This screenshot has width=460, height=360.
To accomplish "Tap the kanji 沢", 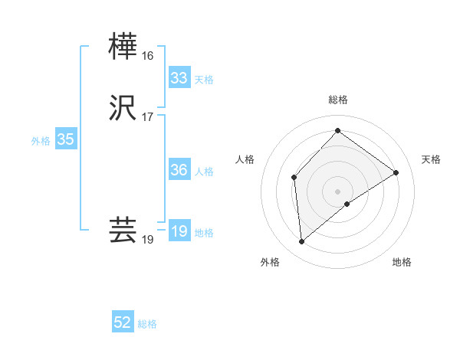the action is [123, 107].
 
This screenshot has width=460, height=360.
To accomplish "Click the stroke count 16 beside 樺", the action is [147, 56].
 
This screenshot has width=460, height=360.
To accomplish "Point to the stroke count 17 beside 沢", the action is [147, 117].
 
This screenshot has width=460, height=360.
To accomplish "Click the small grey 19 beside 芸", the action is [147, 240].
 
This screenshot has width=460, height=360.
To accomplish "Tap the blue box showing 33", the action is [179, 77].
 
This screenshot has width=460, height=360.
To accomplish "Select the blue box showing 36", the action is [179, 170].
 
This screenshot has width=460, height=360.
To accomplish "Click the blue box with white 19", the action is [179, 231].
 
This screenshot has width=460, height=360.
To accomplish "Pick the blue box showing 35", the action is [65, 139].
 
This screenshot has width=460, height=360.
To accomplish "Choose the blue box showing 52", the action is [123, 322].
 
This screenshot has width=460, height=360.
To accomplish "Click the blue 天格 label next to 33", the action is [204, 80].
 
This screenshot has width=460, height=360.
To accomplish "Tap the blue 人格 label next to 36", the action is [204, 172].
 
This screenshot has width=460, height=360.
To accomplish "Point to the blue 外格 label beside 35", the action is [41, 141].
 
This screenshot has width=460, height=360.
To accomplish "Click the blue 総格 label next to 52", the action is [147, 324].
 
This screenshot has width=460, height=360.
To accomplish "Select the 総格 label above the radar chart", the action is [337, 100].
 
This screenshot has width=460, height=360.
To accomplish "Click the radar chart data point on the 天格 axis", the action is [396, 172].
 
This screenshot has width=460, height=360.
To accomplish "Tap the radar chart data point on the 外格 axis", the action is [302, 242].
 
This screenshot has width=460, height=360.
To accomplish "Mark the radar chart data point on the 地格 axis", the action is [347, 204].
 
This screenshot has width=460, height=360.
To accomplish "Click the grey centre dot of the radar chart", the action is [337, 191].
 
